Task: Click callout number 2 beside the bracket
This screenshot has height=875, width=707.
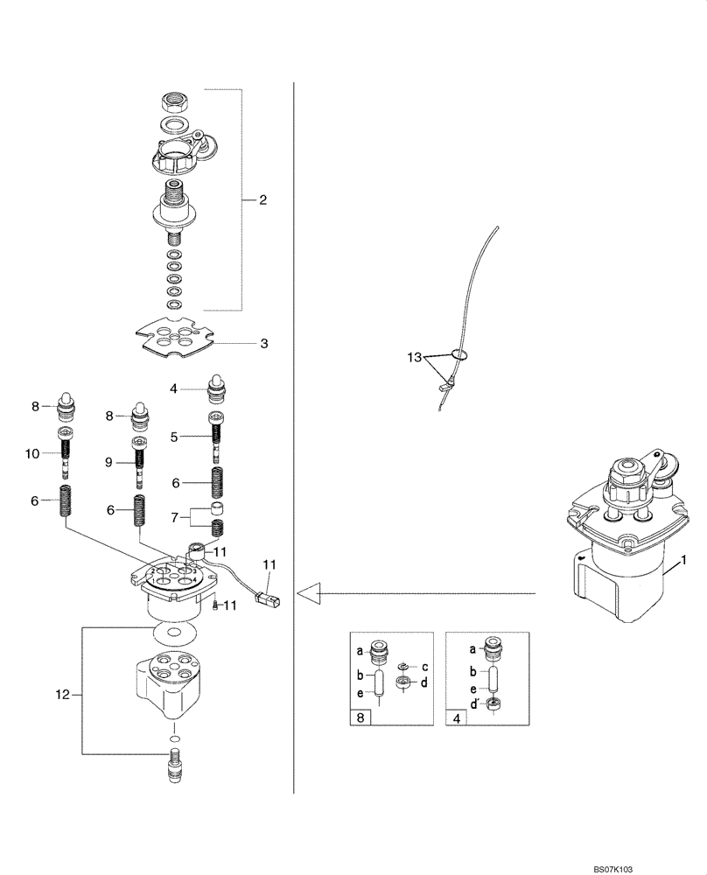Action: tap(262, 200)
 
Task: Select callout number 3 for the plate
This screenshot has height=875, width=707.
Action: tap(263, 344)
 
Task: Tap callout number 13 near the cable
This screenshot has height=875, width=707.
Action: tap(414, 358)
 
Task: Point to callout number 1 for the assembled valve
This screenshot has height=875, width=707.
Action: tap(683, 558)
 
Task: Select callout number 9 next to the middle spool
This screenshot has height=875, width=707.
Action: tap(109, 462)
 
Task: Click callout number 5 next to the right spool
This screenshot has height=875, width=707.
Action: tap(174, 436)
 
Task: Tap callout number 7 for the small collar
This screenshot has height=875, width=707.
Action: tap(173, 518)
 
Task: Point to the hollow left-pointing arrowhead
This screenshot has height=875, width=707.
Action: tap(306, 594)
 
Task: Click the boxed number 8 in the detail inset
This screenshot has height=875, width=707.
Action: tap(360, 717)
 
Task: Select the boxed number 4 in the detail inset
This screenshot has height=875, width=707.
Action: tap(456, 717)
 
